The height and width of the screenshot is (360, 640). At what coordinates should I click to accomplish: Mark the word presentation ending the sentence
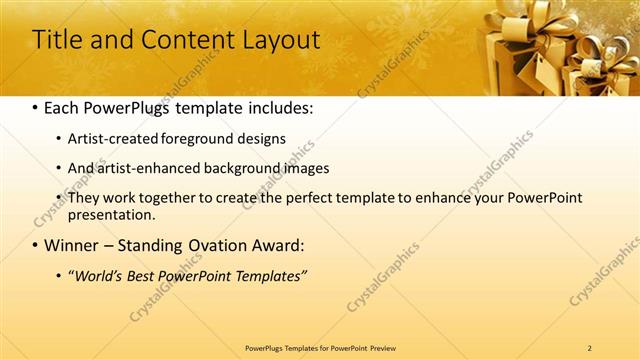coord(110,214)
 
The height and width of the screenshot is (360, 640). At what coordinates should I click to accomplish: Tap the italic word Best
coord(150,275)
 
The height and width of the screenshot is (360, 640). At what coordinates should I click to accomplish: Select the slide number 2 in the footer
coord(590,347)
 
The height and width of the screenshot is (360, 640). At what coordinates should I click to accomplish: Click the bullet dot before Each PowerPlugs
coord(36,106)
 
